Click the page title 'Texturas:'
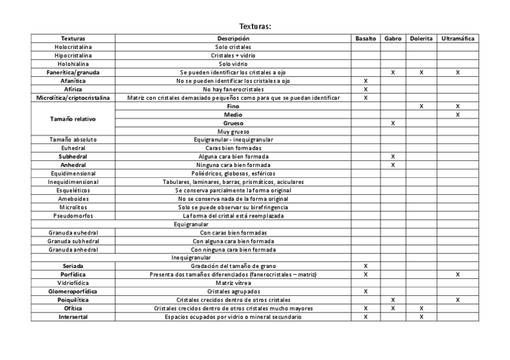[x=255, y=26]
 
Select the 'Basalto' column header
[x=366, y=38]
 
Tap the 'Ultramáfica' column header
[x=458, y=38]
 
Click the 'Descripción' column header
[x=233, y=38]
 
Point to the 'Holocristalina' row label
[x=73, y=47]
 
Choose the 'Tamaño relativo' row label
[x=73, y=118]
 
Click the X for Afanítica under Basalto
[x=366, y=81]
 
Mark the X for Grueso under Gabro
[x=393, y=123]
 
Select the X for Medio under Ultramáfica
[x=458, y=114]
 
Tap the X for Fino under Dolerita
[x=421, y=106]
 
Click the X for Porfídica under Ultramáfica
[x=458, y=274]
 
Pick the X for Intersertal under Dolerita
[x=421, y=317]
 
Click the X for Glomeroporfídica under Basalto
[x=366, y=291]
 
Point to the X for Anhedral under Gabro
[x=393, y=165]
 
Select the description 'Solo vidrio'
[x=233, y=64]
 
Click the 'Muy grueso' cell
[x=233, y=131]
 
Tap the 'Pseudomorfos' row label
[x=73, y=215]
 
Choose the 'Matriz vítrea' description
[x=233, y=282]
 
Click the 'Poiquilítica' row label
[x=73, y=299]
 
